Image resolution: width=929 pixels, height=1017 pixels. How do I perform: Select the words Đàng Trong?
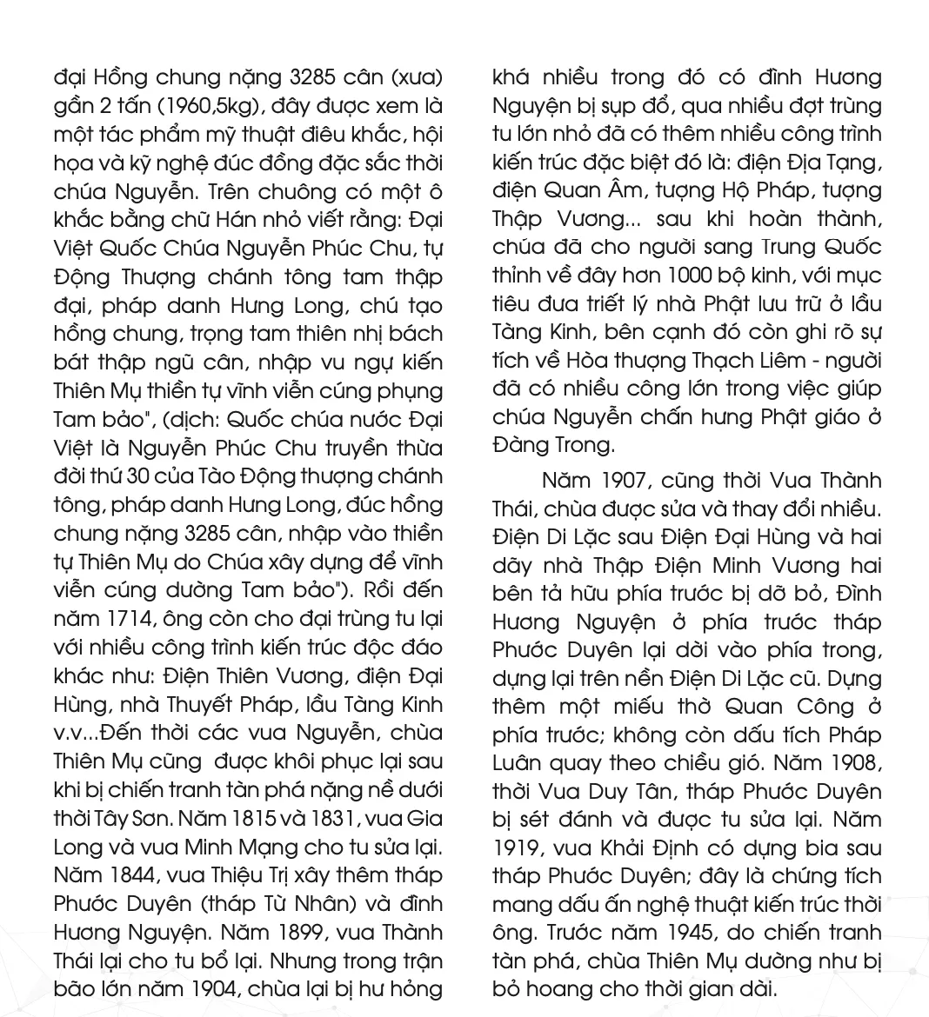(x=552, y=445)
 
